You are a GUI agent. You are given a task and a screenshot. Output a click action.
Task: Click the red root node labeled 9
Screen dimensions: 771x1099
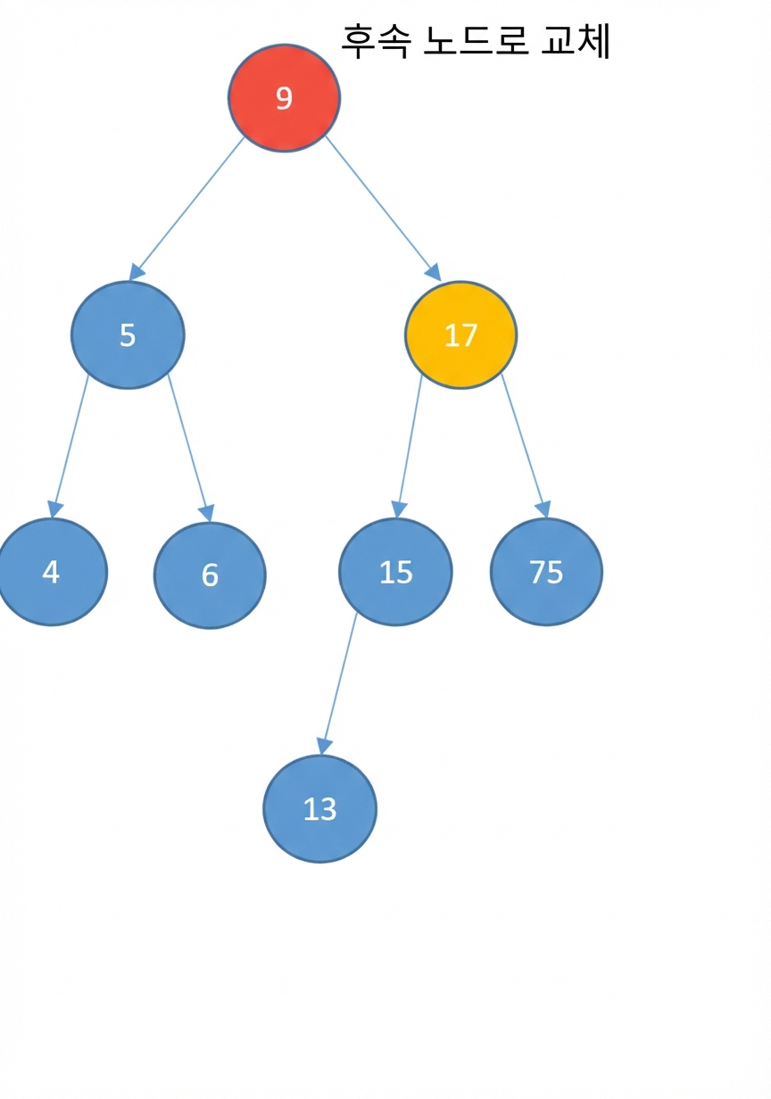284,98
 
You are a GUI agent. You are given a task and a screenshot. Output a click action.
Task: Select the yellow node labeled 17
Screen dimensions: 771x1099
460,335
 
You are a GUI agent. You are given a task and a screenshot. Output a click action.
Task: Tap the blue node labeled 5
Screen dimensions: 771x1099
128,335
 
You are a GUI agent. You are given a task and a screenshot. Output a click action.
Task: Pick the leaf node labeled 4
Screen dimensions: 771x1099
51,572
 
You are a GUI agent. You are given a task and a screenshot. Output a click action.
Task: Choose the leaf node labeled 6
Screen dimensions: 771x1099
210,575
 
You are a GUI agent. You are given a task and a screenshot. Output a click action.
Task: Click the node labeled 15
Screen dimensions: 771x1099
395,572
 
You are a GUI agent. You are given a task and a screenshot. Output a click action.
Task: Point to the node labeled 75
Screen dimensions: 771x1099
546,572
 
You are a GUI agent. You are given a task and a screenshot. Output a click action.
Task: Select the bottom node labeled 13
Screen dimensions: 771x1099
320,809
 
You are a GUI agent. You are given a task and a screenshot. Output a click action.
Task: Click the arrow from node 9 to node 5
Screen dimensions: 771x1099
187,209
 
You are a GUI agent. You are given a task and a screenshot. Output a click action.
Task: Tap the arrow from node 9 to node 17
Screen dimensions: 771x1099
384,209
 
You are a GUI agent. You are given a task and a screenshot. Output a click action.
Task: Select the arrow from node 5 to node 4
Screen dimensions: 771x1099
70,446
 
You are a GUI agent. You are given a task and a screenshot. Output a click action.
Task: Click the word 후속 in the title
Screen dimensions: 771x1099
376,41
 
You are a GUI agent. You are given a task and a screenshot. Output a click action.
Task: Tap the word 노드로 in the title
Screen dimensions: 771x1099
476,41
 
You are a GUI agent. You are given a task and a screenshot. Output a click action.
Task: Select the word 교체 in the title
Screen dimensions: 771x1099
576,41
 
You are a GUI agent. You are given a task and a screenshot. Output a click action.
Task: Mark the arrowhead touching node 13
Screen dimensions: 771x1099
323,747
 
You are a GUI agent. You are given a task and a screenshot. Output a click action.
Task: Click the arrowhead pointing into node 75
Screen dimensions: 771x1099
543,509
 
